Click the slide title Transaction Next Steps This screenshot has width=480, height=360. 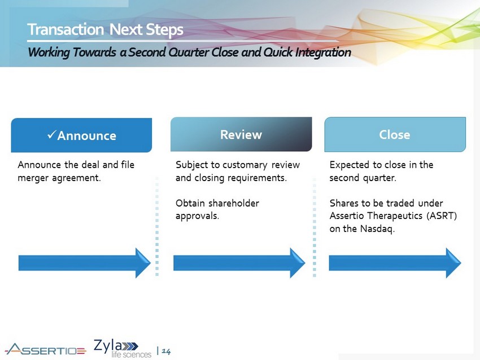106,29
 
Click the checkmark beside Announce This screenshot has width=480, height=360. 51,135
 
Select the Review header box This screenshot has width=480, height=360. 241,134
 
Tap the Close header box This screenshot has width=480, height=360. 395,134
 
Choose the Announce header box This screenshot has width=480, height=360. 81,135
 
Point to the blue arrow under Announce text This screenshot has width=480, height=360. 84,263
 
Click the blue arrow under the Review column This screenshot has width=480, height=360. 239,263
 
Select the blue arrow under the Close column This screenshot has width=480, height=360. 394,263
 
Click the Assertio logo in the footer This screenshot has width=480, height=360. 45,349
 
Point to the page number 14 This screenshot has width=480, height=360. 166,352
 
